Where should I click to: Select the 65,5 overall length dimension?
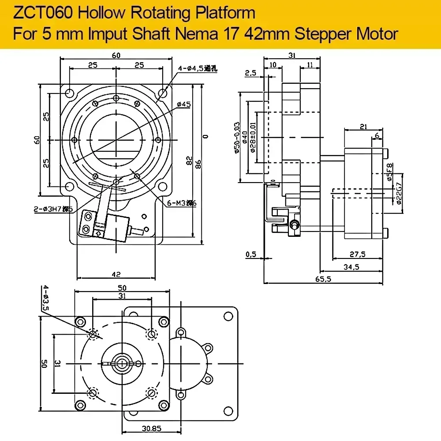coord(324,279)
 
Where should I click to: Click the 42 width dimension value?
coord(116,274)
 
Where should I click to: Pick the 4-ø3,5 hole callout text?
coord(45,299)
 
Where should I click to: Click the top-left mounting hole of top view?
coord(69,93)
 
